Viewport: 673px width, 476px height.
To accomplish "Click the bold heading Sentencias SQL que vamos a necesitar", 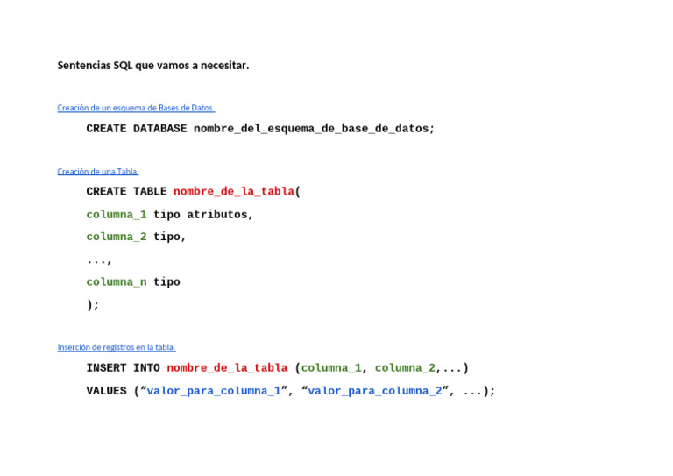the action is click(153, 66).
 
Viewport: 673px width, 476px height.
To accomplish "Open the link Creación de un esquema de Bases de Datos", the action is click(136, 108).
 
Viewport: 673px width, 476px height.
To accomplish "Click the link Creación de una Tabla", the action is click(98, 172).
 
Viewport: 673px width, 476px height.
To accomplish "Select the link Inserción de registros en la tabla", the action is click(117, 347).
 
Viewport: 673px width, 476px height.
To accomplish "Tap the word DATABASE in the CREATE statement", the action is click(159, 129).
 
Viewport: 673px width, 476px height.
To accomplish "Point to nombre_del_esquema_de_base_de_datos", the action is click(314, 129).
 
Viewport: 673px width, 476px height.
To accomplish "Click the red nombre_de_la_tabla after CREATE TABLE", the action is click(234, 192).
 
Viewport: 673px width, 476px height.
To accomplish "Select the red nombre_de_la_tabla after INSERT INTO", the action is click(227, 368).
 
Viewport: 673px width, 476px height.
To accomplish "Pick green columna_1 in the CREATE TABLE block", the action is click(116, 215).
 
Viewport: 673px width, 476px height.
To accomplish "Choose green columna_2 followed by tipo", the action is click(116, 238).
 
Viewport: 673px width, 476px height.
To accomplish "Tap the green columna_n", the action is click(116, 282).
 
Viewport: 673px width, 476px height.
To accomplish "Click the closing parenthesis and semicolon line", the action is click(93, 305).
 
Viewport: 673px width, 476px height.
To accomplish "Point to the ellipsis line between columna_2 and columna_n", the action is click(99, 260).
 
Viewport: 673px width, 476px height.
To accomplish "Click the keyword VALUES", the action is click(106, 391).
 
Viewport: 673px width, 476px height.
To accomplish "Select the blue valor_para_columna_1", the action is click(214, 391).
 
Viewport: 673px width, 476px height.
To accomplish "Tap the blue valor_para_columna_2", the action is click(375, 391).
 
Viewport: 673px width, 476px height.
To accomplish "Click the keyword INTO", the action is click(146, 368).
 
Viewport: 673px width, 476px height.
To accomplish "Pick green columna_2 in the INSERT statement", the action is click(405, 368).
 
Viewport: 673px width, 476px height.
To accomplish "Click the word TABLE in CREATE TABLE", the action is click(150, 192).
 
